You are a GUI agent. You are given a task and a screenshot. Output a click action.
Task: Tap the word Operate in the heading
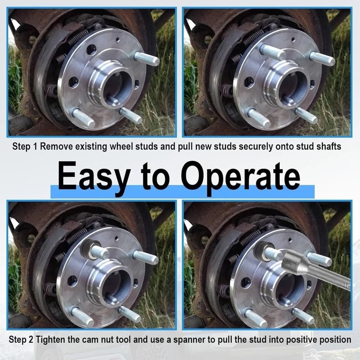[240, 176]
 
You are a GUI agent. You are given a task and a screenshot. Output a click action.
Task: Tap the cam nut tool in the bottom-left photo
[90, 248]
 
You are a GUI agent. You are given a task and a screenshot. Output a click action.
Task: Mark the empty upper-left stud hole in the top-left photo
[91, 50]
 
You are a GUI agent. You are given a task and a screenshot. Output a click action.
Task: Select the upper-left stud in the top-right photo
[273, 52]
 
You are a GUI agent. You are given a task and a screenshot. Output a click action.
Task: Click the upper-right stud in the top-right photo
[321, 58]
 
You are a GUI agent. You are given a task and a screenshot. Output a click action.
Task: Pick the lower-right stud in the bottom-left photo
[130, 314]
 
